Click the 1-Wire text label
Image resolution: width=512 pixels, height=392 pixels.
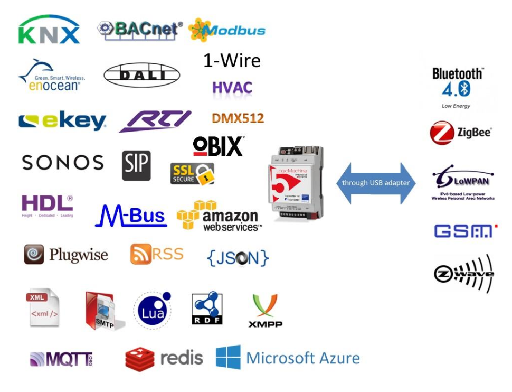[232, 61]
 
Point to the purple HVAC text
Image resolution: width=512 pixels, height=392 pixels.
[232, 87]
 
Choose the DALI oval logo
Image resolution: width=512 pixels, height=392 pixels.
[141, 76]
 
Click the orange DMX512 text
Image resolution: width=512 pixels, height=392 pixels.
[238, 118]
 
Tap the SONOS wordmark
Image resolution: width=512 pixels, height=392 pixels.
[63, 163]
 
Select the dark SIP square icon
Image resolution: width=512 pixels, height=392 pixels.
[136, 165]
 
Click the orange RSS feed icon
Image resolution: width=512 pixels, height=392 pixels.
[139, 255]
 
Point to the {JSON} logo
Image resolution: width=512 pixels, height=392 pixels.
[238, 257]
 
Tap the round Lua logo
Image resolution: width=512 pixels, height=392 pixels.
[153, 311]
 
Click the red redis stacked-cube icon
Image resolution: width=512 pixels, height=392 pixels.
[140, 359]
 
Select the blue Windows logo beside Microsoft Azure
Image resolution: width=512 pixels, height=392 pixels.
[228, 358]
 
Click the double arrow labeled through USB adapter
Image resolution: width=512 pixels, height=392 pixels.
[376, 183]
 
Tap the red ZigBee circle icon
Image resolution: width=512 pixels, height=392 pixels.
[441, 133]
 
